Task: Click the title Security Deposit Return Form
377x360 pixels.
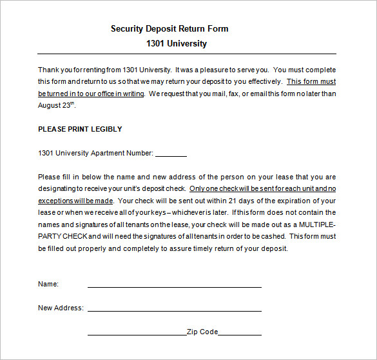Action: [x=169, y=28]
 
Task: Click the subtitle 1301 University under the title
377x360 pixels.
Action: [x=177, y=44]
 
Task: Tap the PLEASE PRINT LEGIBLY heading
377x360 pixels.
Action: [x=80, y=129]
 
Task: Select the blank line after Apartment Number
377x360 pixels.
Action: [x=171, y=155]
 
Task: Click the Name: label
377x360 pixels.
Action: [x=48, y=284]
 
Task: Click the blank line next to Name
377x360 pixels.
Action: [x=174, y=286]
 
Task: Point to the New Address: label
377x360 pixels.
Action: [x=61, y=308]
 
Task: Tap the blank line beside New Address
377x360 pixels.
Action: [x=174, y=310]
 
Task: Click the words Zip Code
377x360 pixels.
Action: [x=202, y=332]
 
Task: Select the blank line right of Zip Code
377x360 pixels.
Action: [x=240, y=334]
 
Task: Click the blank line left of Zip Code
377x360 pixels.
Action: [x=137, y=334]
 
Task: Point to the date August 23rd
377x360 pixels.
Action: [x=57, y=105]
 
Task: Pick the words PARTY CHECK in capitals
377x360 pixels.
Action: [x=62, y=237]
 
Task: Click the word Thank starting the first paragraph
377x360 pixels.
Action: [x=48, y=70]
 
